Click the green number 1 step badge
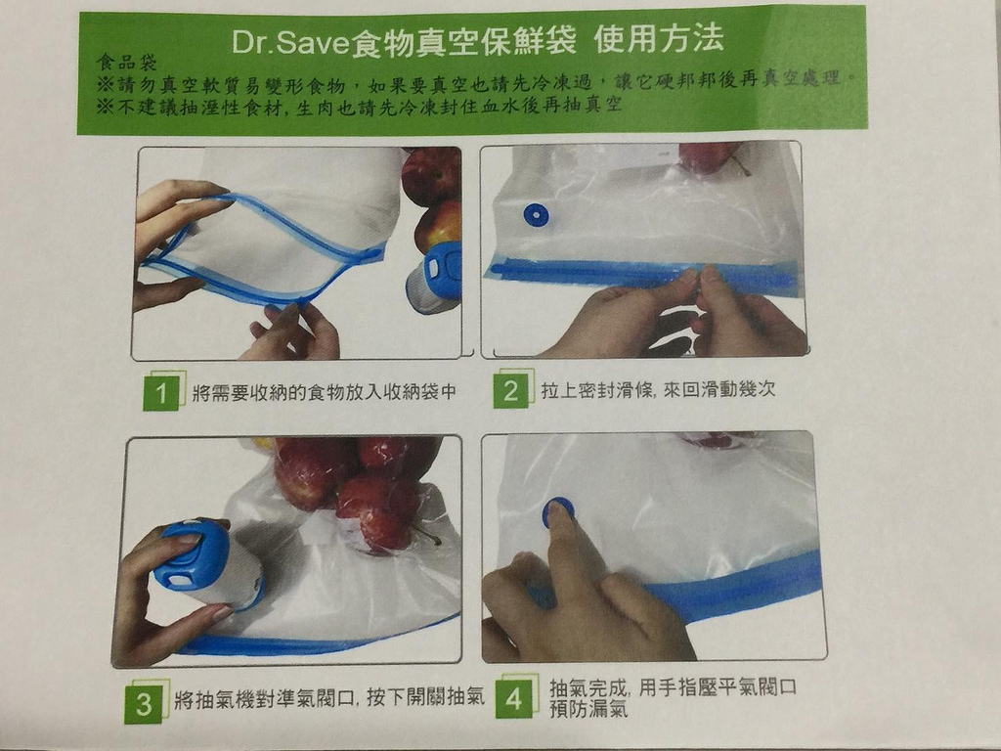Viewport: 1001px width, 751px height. coord(161,391)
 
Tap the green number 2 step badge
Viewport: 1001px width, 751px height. coord(510,388)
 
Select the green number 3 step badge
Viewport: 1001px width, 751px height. coord(143,702)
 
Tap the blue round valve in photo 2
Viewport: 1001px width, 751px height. coord(536,215)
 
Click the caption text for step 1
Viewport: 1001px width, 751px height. coord(325,391)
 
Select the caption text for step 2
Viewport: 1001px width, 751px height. coord(658,389)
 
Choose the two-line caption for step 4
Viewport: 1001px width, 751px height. coord(673,697)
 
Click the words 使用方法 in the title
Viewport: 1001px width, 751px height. coord(658,39)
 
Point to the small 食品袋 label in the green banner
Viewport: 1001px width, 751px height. coord(126,62)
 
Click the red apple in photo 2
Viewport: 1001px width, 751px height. coord(708,157)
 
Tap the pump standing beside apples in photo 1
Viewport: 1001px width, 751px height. coord(435,278)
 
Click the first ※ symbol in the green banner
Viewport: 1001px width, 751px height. coord(106,84)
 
